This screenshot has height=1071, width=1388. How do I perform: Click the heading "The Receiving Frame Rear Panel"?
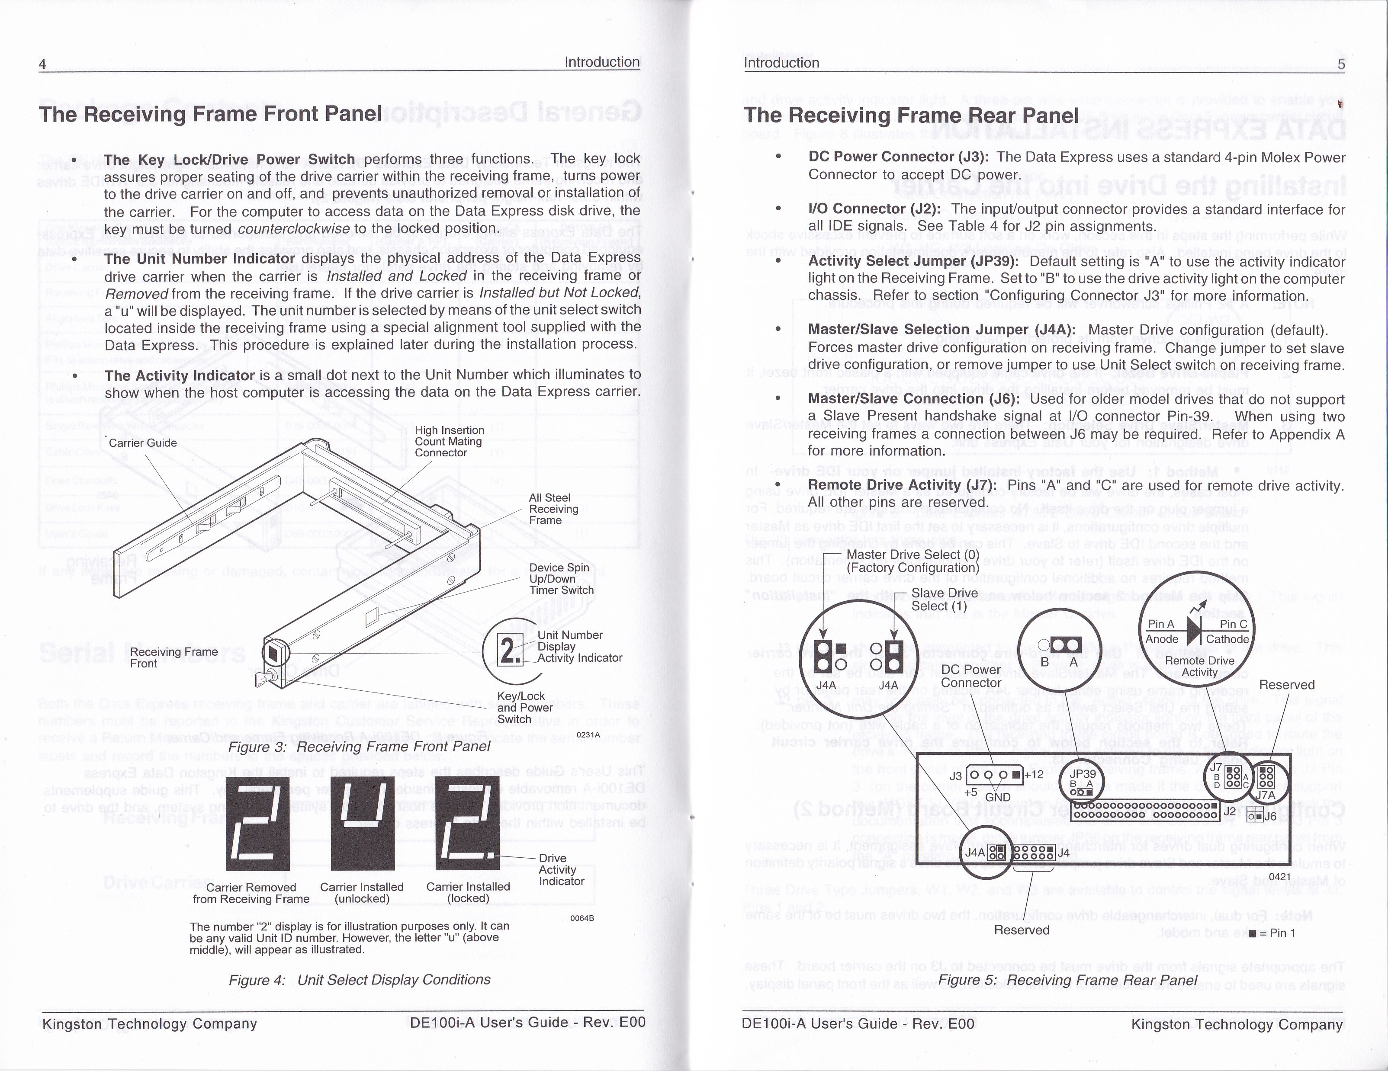(x=911, y=115)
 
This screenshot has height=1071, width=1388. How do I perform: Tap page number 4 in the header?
(x=42, y=64)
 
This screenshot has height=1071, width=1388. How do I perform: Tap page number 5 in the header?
(x=1341, y=64)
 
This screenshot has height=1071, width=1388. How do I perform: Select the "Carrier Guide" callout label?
(x=142, y=443)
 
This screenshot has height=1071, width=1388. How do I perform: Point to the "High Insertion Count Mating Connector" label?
(x=449, y=442)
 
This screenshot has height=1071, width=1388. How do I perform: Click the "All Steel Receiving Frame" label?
(x=553, y=509)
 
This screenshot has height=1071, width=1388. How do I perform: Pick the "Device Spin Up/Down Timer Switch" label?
(x=561, y=579)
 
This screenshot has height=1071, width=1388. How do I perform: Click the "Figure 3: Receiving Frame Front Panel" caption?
(x=359, y=747)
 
